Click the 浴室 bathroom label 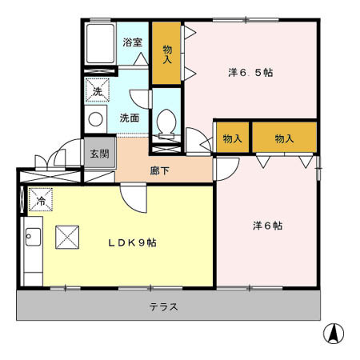pos(133,42)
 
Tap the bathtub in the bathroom pos(100,43)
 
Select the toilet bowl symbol pos(166,123)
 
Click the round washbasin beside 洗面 pos(95,119)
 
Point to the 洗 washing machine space pos(97,90)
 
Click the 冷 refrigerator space pos(41,199)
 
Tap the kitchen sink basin pos(33,237)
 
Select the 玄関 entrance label pos(99,154)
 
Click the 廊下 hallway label pos(159,170)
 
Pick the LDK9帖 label pos(132,242)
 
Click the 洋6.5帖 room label pos(250,73)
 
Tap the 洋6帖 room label pos(267,226)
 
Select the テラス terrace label pos(163,306)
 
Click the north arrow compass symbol pos(334,333)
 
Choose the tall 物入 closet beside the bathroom pos(166,53)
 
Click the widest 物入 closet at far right pos(284,138)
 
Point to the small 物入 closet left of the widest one pos(232,138)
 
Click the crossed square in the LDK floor pos(67,238)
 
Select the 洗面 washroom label pos(130,118)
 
